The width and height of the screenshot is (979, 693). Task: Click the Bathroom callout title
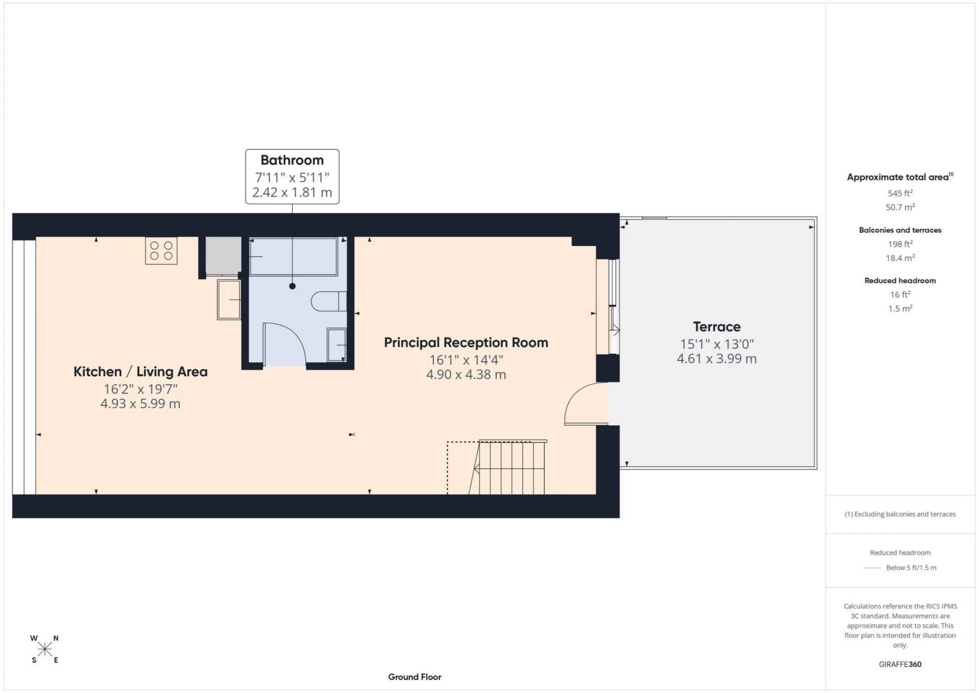[x=292, y=160]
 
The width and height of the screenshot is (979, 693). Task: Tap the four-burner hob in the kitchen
[x=161, y=251]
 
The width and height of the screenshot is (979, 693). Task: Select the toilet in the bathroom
[x=328, y=301]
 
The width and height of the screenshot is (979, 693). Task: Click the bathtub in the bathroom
[x=293, y=256]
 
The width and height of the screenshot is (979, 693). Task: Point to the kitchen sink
[x=229, y=300]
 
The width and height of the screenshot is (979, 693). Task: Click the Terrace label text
[x=716, y=327]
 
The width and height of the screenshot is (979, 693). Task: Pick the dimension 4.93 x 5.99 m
[x=140, y=404]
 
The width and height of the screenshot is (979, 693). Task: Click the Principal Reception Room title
[x=466, y=342]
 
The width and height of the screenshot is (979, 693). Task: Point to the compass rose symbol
[x=45, y=649]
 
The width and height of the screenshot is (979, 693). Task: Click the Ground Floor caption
[x=415, y=677]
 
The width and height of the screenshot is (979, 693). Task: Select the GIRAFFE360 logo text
[x=900, y=664]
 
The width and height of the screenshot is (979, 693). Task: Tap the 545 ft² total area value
[x=900, y=193]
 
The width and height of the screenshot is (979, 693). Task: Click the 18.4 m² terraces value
[x=900, y=258]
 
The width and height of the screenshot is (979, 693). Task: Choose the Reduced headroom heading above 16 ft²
[x=900, y=280]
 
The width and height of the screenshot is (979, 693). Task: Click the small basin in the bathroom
[x=336, y=344]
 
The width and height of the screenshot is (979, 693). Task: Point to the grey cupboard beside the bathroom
[x=223, y=255]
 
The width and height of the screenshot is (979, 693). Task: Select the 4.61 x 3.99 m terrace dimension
[x=716, y=359]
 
